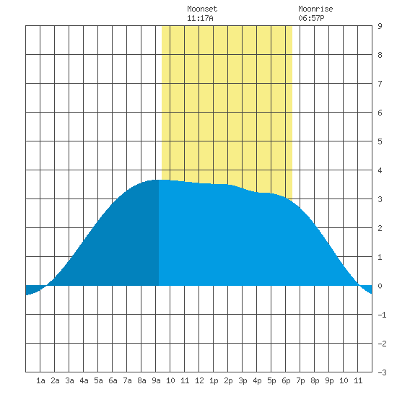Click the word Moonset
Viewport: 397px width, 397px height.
point(202,9)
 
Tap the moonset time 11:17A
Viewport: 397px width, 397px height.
point(200,18)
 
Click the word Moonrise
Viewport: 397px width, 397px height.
point(315,9)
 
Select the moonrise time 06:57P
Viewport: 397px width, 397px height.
point(311,18)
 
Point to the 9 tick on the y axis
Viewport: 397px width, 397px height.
point(380,26)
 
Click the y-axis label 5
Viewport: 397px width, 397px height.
point(380,141)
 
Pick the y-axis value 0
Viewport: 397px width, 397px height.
point(380,286)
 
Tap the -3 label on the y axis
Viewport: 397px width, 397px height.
point(382,372)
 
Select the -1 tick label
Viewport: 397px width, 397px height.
point(382,315)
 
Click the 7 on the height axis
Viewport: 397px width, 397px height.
point(380,84)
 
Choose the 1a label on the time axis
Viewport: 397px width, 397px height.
point(40,380)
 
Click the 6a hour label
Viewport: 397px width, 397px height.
point(113,380)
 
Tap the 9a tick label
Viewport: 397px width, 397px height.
point(156,380)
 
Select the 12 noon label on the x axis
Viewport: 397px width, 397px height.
point(199,380)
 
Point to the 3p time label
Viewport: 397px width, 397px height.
point(243,380)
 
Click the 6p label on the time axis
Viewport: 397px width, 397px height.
point(286,380)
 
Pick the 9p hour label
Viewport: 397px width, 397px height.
point(329,380)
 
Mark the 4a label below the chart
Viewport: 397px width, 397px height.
point(84,380)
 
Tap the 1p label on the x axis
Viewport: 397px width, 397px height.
point(214,380)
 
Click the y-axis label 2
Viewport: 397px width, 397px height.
point(380,228)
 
